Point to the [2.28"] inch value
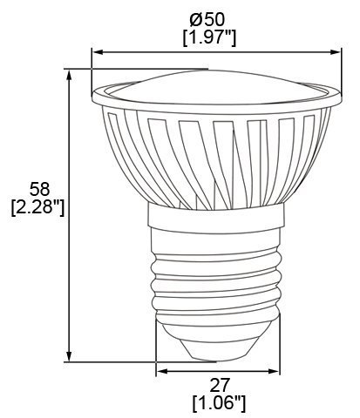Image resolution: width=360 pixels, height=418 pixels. coord(34,208)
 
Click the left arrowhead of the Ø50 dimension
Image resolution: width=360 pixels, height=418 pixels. coord(97,52)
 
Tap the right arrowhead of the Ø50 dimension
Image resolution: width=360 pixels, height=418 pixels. coord(336,52)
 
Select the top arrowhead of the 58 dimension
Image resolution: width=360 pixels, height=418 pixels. coord(69,73)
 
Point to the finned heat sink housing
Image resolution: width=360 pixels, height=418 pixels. coord(218,157)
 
